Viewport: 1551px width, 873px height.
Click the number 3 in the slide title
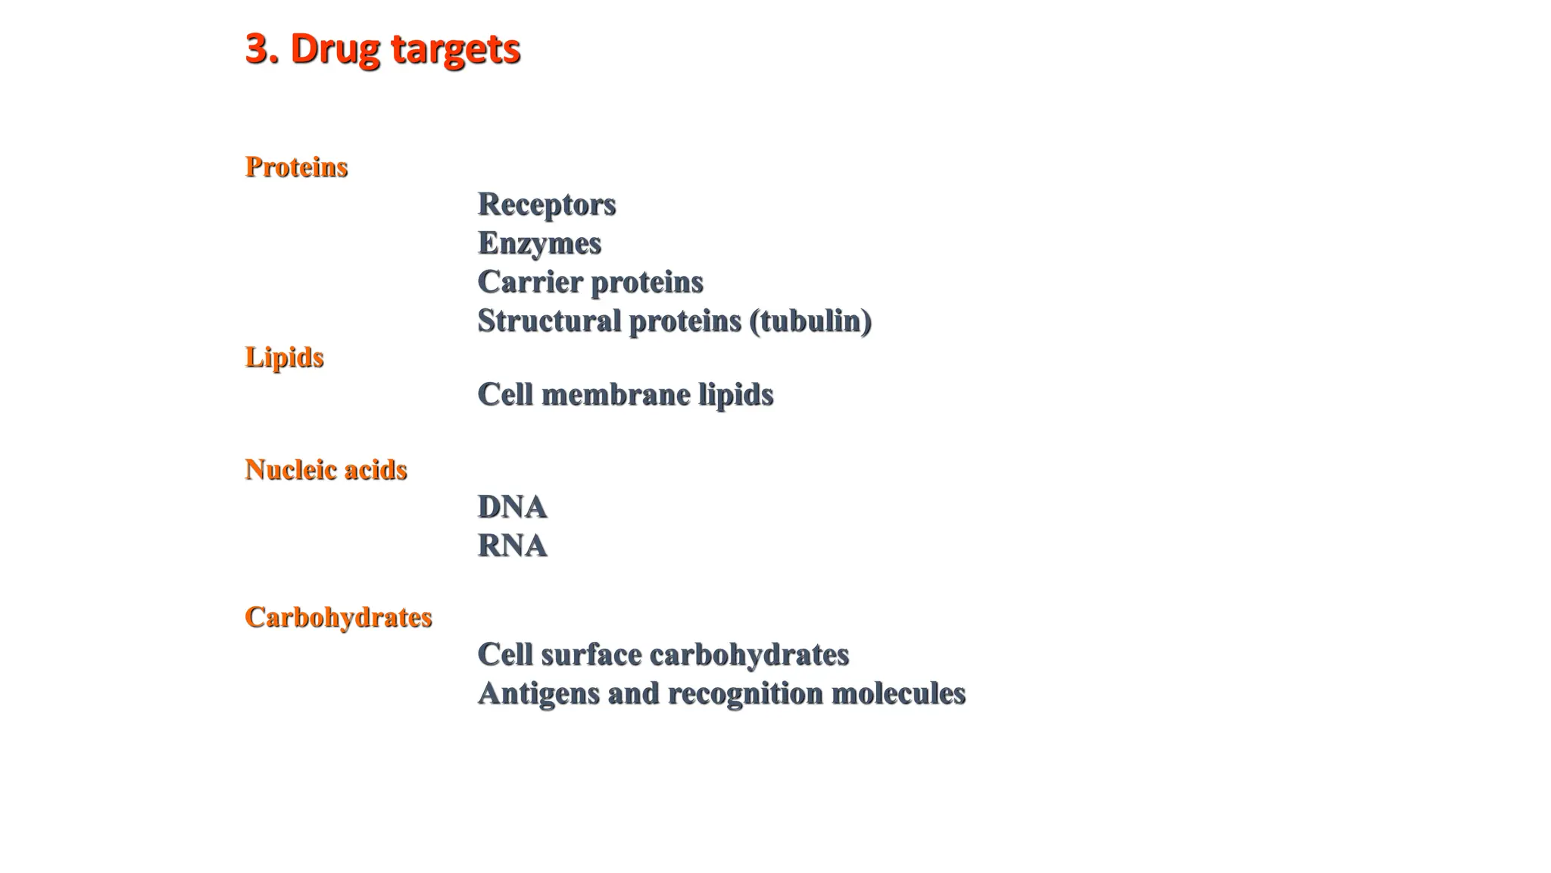(257, 48)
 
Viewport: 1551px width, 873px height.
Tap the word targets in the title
(455, 50)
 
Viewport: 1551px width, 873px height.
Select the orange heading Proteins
(296, 167)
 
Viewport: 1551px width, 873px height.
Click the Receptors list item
(546, 205)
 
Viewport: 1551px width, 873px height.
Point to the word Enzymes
(539, 243)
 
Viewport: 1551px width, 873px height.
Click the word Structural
(549, 321)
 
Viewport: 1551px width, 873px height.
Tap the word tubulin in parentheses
(810, 321)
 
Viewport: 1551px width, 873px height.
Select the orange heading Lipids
(284, 357)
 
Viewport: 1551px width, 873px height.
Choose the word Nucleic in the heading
(291, 470)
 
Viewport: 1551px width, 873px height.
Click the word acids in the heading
(376, 470)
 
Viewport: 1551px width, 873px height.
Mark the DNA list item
(512, 507)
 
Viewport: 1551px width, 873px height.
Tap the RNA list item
(512, 546)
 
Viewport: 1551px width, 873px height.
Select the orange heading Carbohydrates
(338, 617)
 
